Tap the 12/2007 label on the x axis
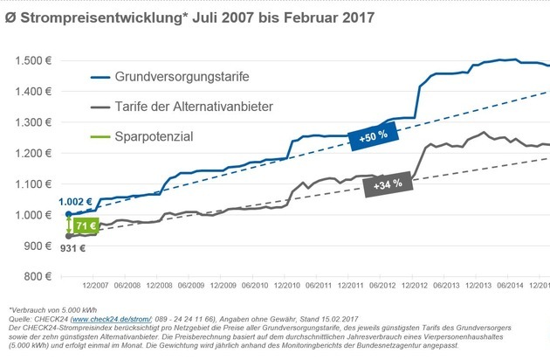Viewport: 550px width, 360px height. click(x=96, y=286)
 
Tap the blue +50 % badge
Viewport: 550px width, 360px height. click(x=372, y=135)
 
